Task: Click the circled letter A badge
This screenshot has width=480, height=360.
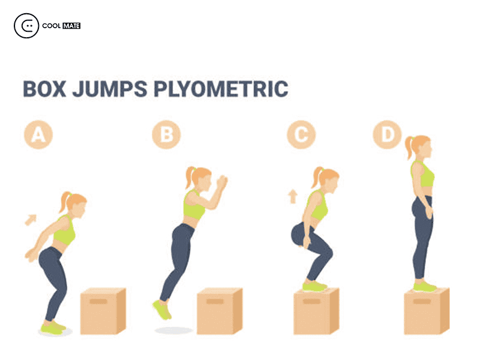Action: (x=38, y=134)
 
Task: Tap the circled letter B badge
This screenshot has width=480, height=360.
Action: (x=167, y=134)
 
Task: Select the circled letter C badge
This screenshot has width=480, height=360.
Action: (x=301, y=134)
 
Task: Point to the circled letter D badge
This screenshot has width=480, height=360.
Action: (x=387, y=134)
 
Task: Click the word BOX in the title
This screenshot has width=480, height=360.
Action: (x=44, y=89)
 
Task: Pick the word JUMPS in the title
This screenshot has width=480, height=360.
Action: (x=110, y=89)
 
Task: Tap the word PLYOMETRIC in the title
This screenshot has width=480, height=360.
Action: (x=221, y=89)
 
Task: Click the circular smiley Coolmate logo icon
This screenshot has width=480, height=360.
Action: (x=26, y=26)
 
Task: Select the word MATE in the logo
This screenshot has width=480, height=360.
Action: (x=71, y=26)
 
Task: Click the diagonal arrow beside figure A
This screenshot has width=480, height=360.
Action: (x=31, y=220)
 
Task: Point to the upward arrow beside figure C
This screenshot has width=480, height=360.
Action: (x=293, y=197)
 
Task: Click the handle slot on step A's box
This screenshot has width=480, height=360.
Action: (x=98, y=302)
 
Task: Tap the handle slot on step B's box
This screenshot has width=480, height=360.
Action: (x=215, y=302)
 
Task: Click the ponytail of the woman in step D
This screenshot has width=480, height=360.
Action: (x=409, y=147)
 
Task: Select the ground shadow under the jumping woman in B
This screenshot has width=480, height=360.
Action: (x=173, y=331)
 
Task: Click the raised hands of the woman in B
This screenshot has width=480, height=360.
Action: (x=222, y=182)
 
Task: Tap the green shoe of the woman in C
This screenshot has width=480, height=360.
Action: (x=314, y=287)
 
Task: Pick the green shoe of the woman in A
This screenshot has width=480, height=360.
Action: (x=53, y=328)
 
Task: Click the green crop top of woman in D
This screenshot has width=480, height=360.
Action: (x=422, y=174)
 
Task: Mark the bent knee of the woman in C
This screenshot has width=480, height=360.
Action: (x=329, y=253)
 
